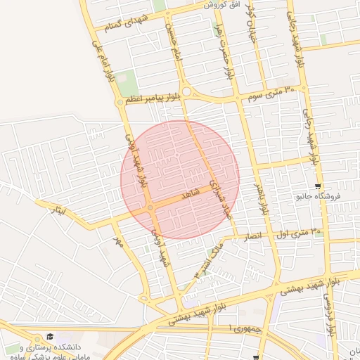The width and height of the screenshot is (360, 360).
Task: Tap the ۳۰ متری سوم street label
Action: (x=276, y=92)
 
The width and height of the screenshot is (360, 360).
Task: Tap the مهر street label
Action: (x=117, y=243)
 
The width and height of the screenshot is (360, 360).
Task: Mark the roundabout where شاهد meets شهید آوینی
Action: (x=151, y=208)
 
